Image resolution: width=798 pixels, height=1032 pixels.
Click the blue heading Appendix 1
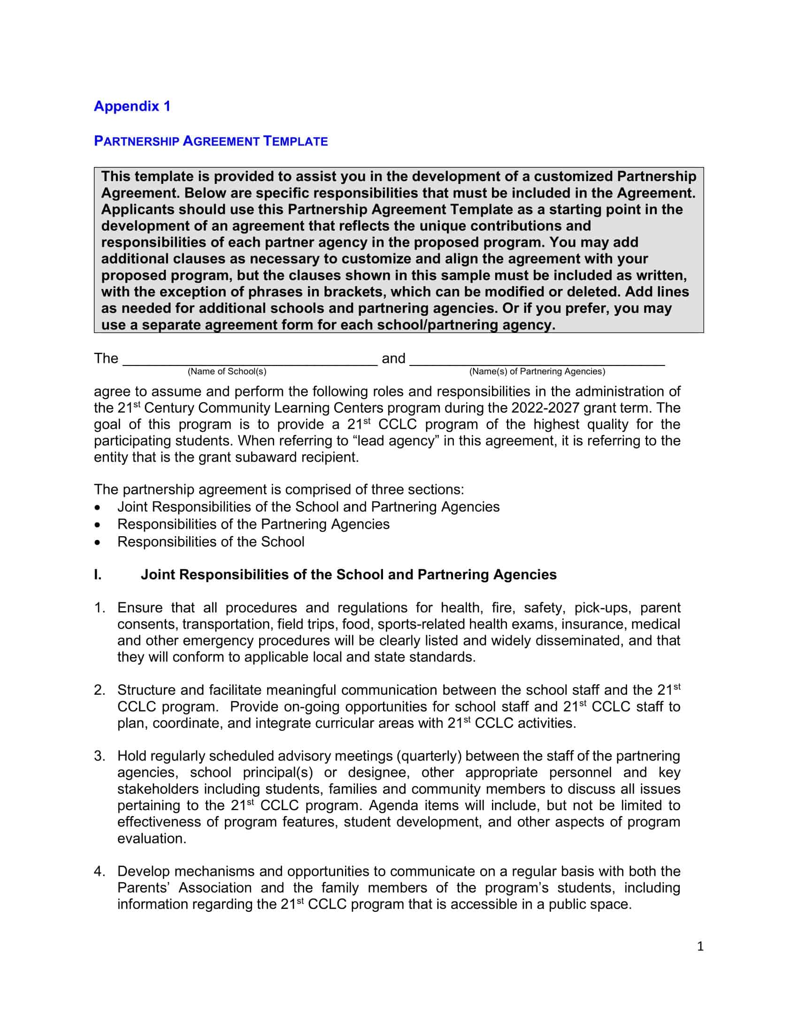(132, 106)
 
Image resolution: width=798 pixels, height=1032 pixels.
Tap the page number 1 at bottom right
(700, 946)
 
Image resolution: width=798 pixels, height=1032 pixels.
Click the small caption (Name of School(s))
(227, 372)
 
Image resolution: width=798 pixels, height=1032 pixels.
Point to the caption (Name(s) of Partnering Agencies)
(537, 372)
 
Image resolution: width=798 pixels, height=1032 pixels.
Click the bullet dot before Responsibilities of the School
(97, 542)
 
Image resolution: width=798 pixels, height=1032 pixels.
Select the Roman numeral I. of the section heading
(98, 575)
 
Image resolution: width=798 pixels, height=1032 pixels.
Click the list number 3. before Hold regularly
(99, 756)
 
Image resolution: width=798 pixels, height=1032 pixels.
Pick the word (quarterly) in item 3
(430, 756)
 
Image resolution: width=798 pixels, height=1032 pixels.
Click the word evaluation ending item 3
(152, 838)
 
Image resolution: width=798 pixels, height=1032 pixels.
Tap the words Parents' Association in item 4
(184, 888)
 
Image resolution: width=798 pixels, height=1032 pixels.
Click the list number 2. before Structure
(99, 690)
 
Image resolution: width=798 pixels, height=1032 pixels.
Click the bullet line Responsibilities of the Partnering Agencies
(253, 524)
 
